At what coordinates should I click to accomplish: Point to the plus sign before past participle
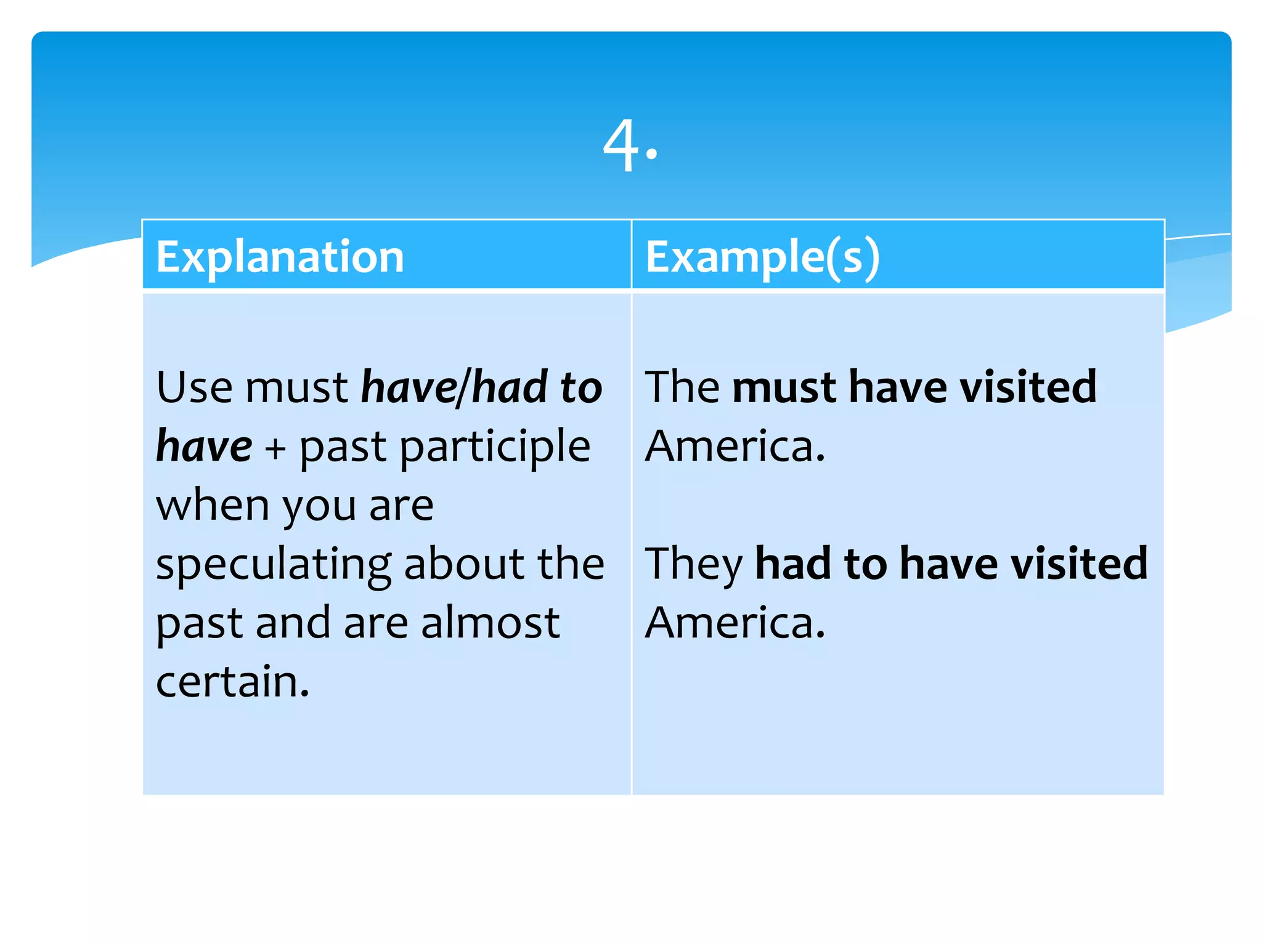pos(275,447)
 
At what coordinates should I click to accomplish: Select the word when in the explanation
pos(213,505)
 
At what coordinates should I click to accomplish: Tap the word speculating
pos(274,564)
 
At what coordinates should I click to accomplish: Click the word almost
pos(491,623)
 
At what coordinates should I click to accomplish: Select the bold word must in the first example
pos(784,387)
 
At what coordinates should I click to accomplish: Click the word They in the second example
pos(693,564)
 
